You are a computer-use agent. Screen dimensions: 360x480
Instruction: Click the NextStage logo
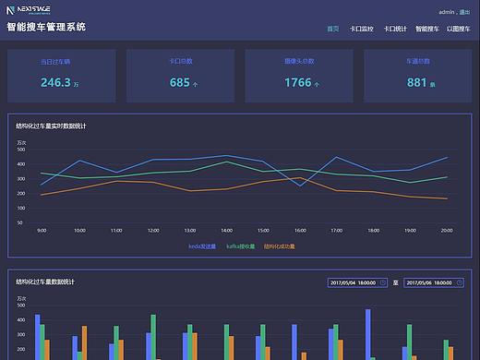(30, 10)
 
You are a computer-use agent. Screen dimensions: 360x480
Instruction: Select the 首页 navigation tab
(333, 30)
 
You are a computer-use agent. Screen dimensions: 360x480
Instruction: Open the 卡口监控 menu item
(361, 30)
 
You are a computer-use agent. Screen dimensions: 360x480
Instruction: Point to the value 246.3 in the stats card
(56, 82)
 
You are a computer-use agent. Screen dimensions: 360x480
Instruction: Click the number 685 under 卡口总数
(180, 82)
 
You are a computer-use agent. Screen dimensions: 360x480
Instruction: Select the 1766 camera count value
(298, 82)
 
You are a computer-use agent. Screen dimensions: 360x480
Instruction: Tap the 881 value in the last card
(416, 82)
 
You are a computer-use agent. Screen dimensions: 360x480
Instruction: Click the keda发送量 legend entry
(201, 246)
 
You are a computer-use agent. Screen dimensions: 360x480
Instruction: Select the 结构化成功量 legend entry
(279, 246)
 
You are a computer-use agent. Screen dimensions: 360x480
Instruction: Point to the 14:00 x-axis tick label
(226, 230)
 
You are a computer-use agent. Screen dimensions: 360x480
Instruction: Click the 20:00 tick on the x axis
(447, 230)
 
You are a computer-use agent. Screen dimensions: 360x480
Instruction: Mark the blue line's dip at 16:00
(300, 186)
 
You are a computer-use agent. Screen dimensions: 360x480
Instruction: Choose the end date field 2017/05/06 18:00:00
(436, 282)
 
